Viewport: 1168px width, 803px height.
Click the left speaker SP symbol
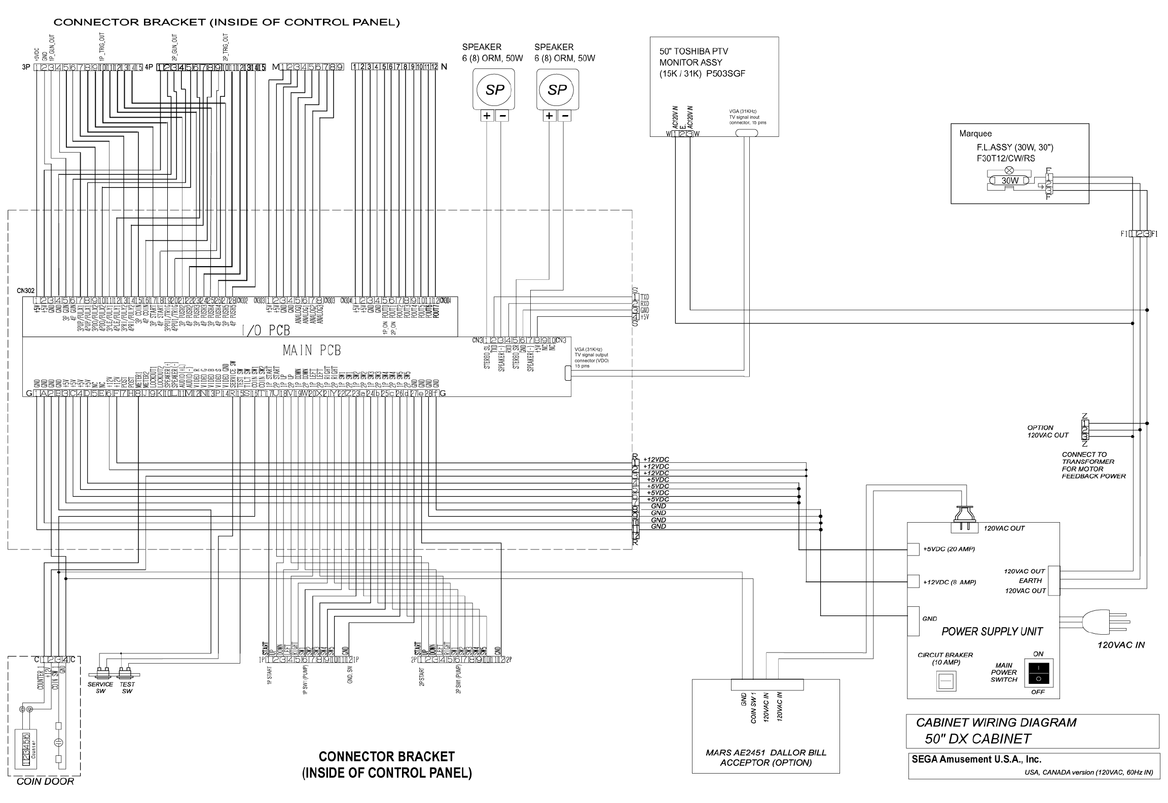(x=494, y=90)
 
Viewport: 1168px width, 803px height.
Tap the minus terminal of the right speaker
(x=565, y=116)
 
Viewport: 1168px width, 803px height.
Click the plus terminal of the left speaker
(x=487, y=116)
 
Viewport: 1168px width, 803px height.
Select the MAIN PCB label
(x=311, y=350)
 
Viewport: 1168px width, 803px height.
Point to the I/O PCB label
(x=266, y=331)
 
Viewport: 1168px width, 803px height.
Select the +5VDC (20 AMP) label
(x=948, y=549)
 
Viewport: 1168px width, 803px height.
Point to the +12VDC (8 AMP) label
(x=949, y=582)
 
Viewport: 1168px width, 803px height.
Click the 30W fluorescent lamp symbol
(x=1009, y=180)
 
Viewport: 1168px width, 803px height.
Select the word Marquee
(x=975, y=134)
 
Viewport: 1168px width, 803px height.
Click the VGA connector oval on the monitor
(x=746, y=133)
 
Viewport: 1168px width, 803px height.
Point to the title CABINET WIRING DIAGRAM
(x=996, y=722)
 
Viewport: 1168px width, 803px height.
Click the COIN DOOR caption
(x=45, y=782)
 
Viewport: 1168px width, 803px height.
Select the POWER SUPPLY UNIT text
(x=992, y=631)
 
